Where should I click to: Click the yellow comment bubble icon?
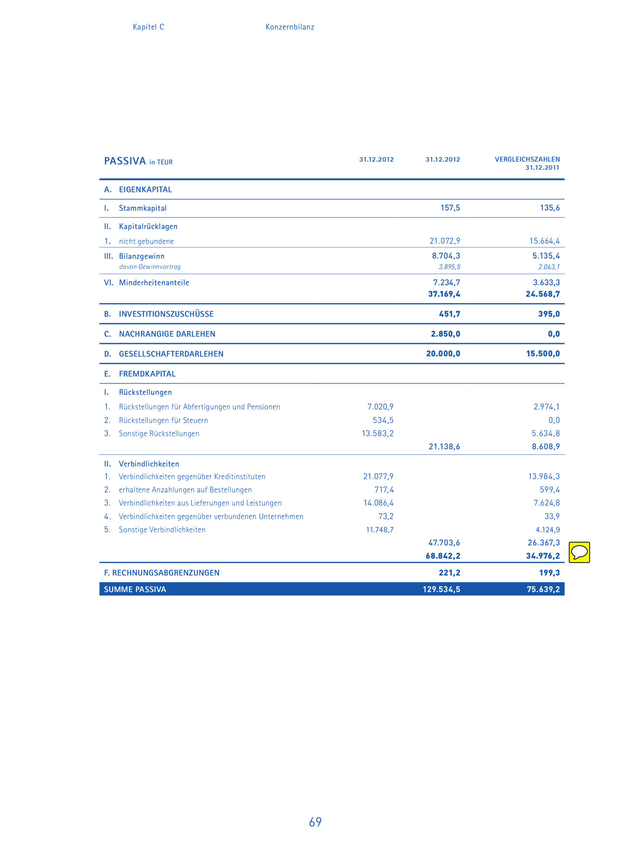point(579,552)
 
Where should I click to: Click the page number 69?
point(315,822)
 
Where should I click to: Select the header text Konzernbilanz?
point(289,27)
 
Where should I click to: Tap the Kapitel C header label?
point(148,27)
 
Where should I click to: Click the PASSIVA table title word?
point(125,161)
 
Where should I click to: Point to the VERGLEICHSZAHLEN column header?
point(527,159)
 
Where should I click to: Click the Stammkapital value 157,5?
point(450,208)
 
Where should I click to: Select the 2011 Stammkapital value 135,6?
point(549,208)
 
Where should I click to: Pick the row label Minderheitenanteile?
point(154,283)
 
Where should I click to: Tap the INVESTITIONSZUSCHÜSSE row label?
point(166,314)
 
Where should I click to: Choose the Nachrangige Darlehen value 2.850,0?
point(445,334)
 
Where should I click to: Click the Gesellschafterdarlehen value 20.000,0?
point(443,354)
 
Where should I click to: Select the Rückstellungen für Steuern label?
point(163,420)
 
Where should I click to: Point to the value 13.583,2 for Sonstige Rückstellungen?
point(377,433)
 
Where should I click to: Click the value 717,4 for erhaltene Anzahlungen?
point(384,490)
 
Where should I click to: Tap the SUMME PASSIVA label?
point(135,589)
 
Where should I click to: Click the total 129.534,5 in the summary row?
point(441,589)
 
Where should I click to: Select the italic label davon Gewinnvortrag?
point(150,267)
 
